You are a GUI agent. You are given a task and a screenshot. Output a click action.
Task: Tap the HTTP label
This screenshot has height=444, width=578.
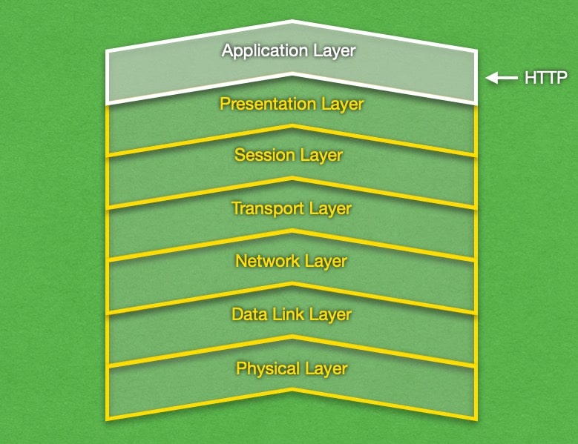click(545, 77)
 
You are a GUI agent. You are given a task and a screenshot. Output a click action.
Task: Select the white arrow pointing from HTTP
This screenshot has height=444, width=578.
click(502, 77)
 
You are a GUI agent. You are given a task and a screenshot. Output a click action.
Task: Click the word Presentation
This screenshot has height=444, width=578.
click(268, 104)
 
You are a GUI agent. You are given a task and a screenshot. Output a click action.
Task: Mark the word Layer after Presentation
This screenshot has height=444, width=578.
click(342, 104)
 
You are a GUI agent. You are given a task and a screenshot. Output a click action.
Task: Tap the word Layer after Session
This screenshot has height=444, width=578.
click(321, 156)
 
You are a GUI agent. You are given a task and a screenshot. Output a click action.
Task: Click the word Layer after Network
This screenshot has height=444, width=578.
click(325, 261)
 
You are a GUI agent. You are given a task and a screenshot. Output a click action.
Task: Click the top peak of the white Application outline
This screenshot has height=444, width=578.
click(292, 21)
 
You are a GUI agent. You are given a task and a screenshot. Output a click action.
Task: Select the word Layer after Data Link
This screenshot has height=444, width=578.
click(330, 314)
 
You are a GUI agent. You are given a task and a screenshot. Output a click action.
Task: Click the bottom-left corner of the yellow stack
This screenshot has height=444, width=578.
click(108, 420)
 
